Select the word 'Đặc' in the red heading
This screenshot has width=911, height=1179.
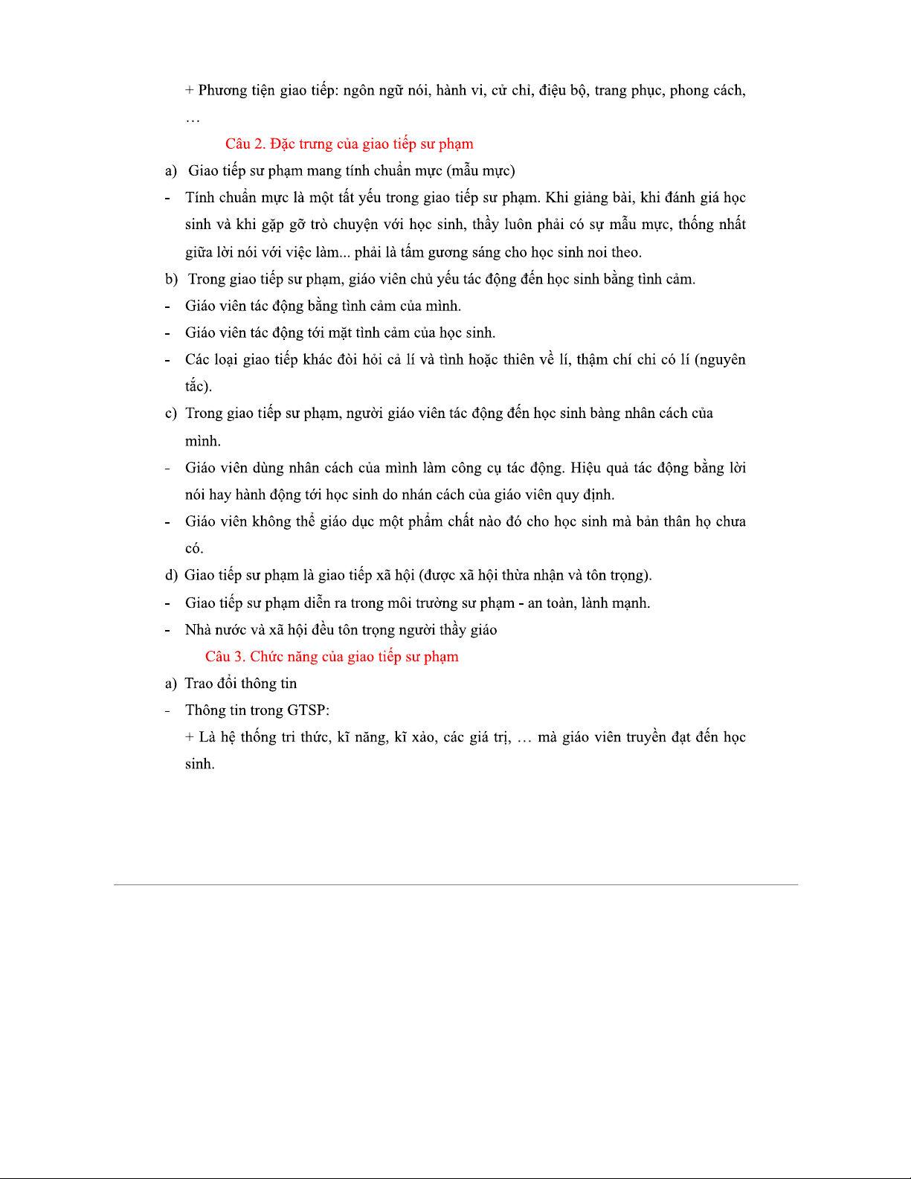(x=282, y=144)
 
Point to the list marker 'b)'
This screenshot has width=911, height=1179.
(x=171, y=279)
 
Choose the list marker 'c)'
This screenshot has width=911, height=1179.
(x=171, y=413)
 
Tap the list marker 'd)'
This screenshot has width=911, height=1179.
(x=171, y=575)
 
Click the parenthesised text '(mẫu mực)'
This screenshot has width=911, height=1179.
(x=480, y=171)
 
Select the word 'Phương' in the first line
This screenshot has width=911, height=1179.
(x=222, y=91)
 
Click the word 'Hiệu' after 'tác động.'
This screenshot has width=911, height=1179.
(x=586, y=468)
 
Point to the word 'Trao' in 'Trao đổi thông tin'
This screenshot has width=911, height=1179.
(x=199, y=683)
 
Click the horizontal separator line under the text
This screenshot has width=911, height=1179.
(x=455, y=884)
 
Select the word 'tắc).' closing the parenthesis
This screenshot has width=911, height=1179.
(x=199, y=386)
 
